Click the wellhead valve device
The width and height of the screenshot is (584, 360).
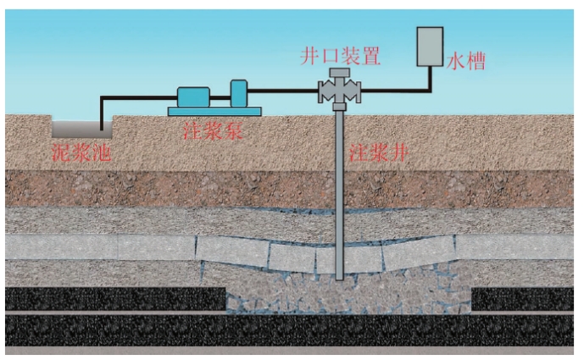[x=339, y=91]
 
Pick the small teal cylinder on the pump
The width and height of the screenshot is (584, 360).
[x=238, y=91]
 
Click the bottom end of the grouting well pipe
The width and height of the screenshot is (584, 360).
[x=339, y=274]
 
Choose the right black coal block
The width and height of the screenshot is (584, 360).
[x=522, y=298]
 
